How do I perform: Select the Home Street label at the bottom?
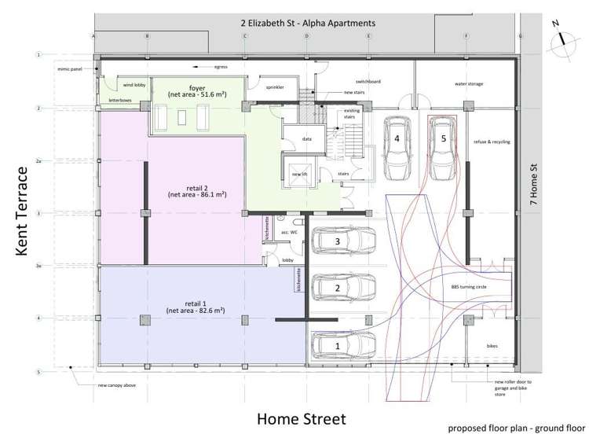click(x=301, y=417)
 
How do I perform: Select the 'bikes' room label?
click(x=492, y=345)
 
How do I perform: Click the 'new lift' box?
click(x=298, y=174)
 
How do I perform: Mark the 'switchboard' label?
click(x=368, y=81)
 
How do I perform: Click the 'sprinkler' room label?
click(x=275, y=86)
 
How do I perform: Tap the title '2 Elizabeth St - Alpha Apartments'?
click(x=307, y=23)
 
